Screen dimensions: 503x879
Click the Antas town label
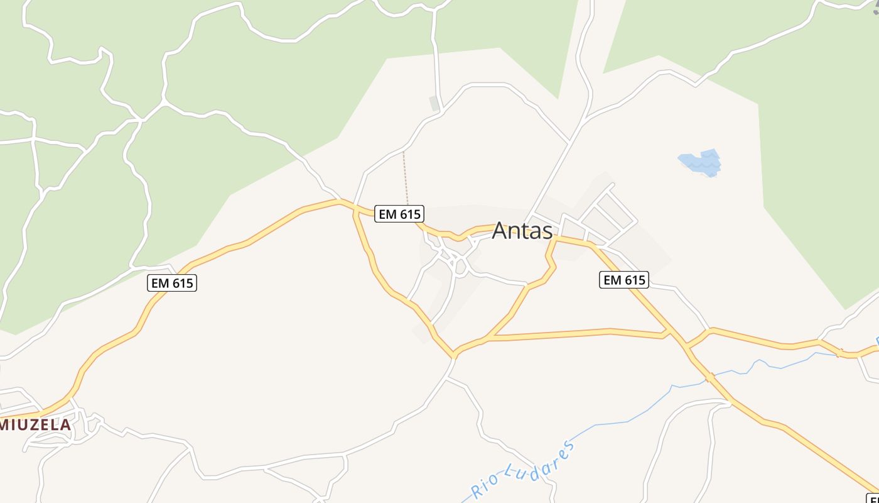pos(522,231)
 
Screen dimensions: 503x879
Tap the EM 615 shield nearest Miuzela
pos(172,283)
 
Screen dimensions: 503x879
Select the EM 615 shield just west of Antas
pos(399,214)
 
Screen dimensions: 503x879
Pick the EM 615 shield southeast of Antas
pos(623,280)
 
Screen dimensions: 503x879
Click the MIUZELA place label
pos(35,425)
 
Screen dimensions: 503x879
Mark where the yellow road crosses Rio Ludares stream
pos(710,378)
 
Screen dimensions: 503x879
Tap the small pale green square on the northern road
pos(434,102)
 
